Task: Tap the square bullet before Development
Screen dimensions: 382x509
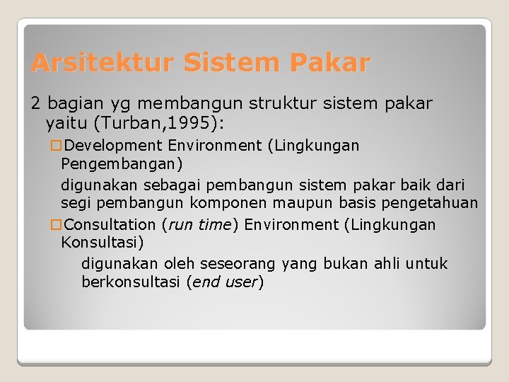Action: (x=56, y=146)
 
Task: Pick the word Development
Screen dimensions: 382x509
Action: (x=113, y=146)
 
